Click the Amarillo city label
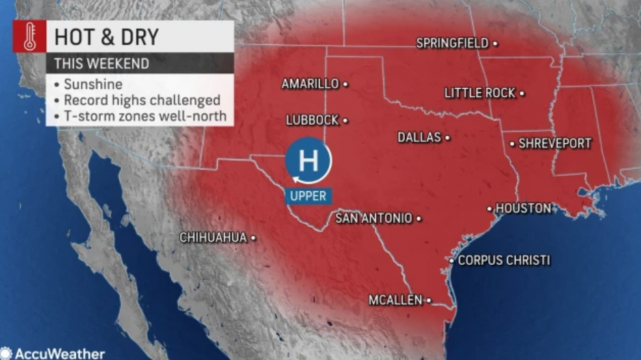[310, 84]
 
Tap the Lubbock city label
[312, 120]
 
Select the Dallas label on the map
[420, 137]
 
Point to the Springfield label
[452, 43]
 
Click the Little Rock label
[480, 93]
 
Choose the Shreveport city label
[555, 143]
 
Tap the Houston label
[523, 208]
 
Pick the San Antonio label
[374, 219]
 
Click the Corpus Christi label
[504, 260]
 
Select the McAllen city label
[396, 300]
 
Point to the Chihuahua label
[213, 238]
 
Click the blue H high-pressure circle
[308, 162]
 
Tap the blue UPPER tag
[308, 196]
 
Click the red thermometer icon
[29, 36]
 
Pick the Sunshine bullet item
[93, 85]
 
